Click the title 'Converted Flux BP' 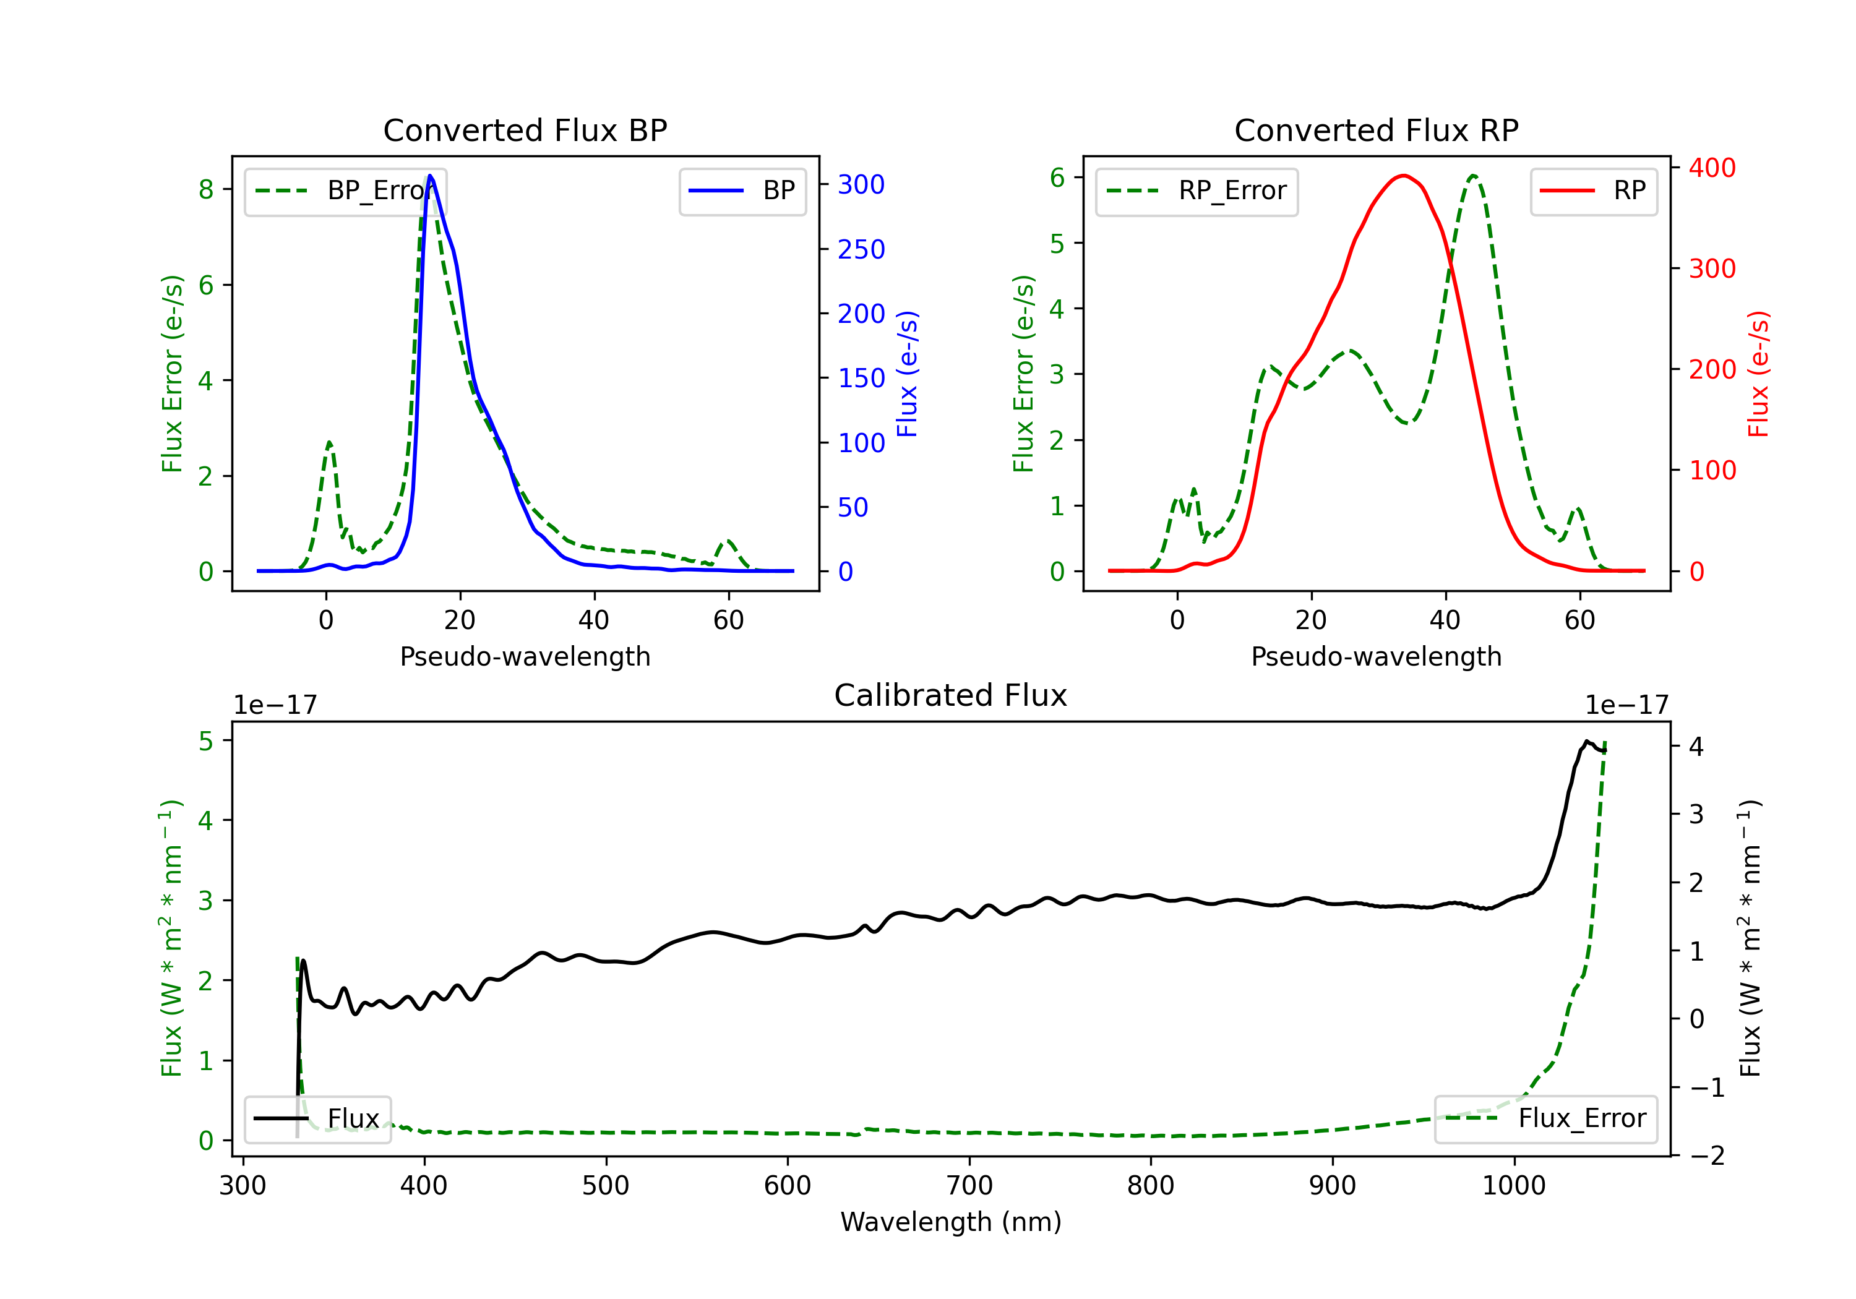[x=525, y=130]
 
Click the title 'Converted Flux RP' [x=1376, y=130]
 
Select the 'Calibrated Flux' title [x=951, y=695]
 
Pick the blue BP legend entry [x=742, y=191]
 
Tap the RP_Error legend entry [x=1197, y=191]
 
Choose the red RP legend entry [x=1593, y=191]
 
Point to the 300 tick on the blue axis [x=861, y=184]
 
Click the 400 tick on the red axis [x=1712, y=168]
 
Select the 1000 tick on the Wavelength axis [x=1513, y=1186]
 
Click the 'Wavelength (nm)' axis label [x=951, y=1222]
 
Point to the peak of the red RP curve [x=1404, y=176]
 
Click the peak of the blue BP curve [x=430, y=176]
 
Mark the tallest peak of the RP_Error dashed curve [x=1474, y=176]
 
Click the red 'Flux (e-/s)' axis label [x=1759, y=374]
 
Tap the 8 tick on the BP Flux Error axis [x=206, y=189]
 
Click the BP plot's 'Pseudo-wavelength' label [x=525, y=656]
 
